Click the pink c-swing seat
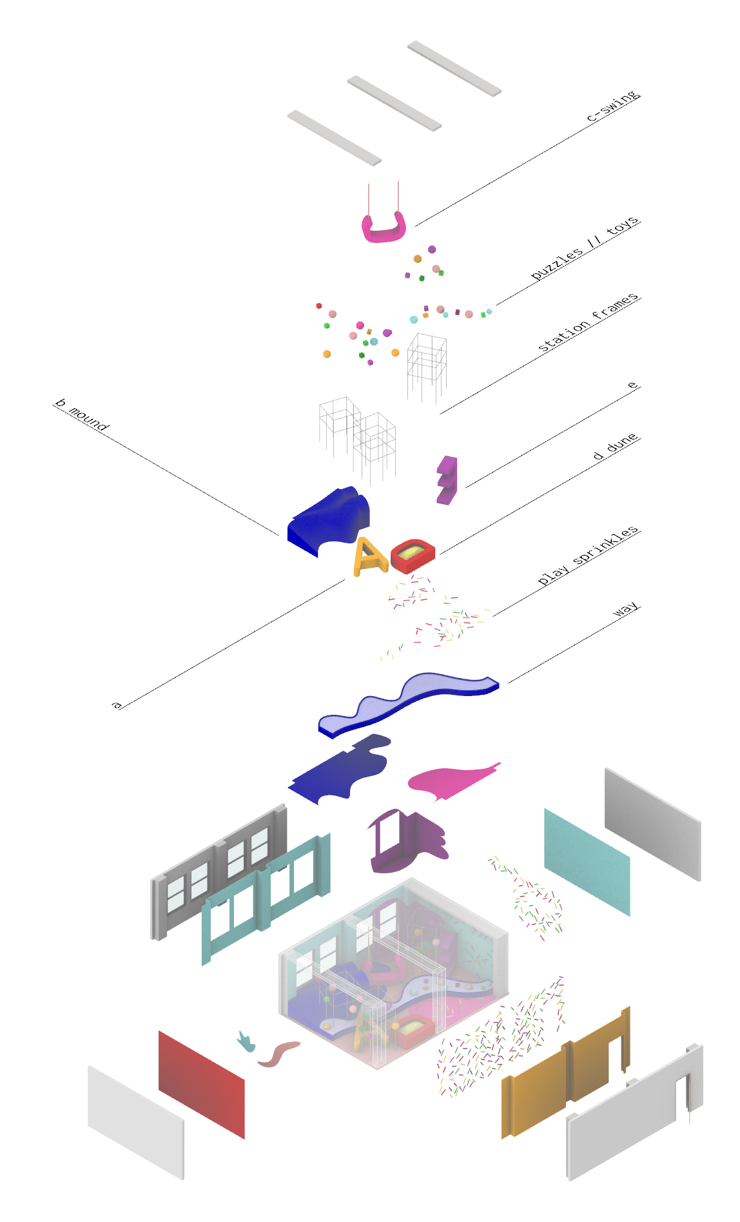tap(384, 231)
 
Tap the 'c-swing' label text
tap(612, 106)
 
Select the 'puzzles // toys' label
tap(584, 248)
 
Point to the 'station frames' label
tap(588, 322)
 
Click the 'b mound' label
tap(82, 414)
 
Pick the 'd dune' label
tap(616, 446)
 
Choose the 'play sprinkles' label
tap(587, 556)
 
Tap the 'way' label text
tap(625, 609)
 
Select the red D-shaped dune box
tap(413, 556)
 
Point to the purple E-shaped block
tap(447, 480)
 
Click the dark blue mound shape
tap(329, 519)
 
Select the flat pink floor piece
tap(451, 781)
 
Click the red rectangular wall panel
tap(201, 1084)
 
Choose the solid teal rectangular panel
tap(587, 862)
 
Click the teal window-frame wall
tap(264, 899)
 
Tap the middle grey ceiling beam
tap(394, 103)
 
